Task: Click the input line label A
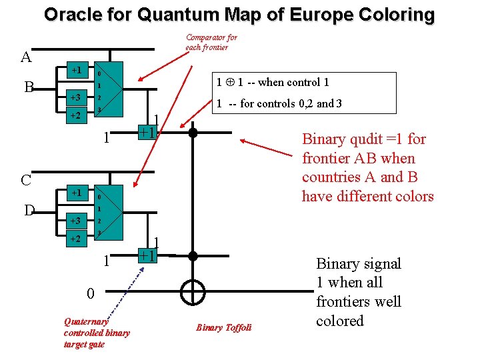coord(27,57)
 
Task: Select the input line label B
coord(28,87)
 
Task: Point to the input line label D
coord(29,211)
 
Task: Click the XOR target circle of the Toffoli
coord(193,291)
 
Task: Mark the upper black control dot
coord(193,132)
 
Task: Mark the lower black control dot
coord(193,255)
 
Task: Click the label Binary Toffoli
coord(223,327)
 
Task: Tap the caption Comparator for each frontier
coord(211,42)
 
